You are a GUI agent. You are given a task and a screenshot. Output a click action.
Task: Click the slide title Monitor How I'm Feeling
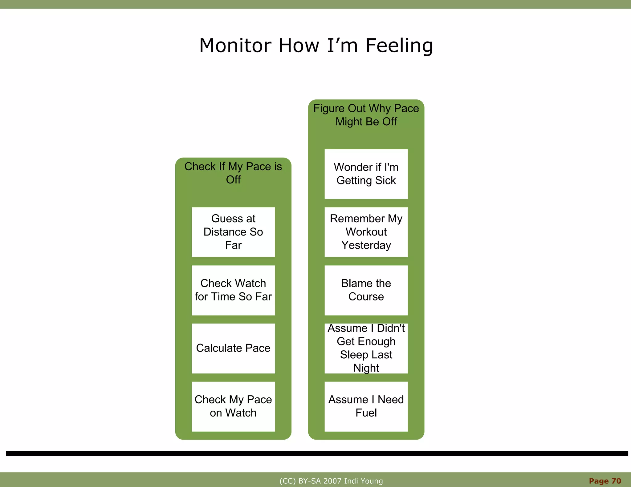316,46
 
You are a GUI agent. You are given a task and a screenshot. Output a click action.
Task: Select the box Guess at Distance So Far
233,232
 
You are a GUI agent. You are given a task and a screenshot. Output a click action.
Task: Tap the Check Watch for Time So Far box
233,290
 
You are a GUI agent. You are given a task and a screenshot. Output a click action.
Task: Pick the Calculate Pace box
233,348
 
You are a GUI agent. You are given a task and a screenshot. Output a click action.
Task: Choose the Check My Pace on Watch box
233,406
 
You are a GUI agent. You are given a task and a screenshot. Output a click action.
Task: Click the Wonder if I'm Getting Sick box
366,174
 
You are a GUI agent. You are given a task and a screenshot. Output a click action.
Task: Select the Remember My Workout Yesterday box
366,232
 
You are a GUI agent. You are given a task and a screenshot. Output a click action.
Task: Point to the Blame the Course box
366,290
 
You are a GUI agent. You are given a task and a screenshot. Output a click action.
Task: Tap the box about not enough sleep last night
366,348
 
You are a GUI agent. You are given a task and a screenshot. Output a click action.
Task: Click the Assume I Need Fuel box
366,406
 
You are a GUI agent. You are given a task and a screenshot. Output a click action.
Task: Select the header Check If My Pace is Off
233,173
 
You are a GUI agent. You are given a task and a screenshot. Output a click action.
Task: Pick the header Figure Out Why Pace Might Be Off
366,115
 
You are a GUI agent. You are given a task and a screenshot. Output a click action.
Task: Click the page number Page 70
605,481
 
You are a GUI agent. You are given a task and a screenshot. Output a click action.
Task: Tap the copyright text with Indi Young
331,481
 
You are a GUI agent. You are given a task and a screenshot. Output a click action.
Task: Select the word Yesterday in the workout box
366,245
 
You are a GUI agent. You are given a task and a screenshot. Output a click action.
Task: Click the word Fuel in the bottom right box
366,413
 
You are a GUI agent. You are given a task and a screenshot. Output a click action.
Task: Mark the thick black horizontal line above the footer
317,453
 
